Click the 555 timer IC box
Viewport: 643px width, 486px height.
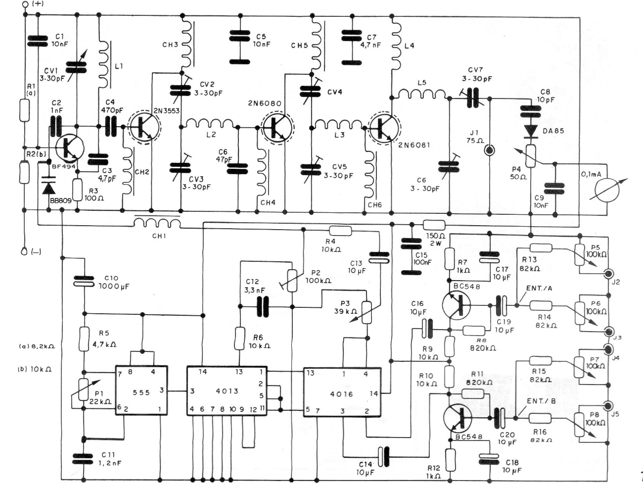141,391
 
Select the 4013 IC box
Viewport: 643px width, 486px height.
227,391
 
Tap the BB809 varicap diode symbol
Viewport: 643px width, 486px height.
48,188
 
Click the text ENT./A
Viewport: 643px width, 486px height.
540,289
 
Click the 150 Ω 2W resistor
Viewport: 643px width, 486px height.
434,225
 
